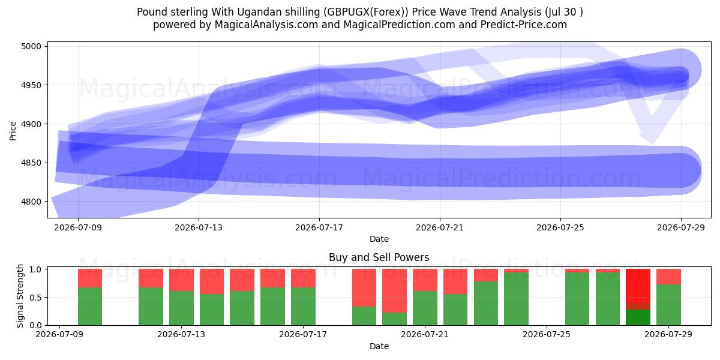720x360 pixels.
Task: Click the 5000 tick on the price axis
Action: tap(31, 46)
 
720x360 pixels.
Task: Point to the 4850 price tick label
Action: tap(31, 163)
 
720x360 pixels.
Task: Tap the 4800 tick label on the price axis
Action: tap(31, 202)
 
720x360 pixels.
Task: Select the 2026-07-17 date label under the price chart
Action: tap(319, 227)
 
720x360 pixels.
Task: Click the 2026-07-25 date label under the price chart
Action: tap(560, 227)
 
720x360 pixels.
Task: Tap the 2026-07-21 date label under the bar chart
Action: tap(425, 334)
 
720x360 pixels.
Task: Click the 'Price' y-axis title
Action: tap(13, 131)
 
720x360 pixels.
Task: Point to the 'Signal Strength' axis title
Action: tap(20, 296)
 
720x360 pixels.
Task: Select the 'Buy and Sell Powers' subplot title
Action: tap(379, 257)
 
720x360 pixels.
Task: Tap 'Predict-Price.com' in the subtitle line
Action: tap(524, 25)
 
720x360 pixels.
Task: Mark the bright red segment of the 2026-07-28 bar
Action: tap(638, 286)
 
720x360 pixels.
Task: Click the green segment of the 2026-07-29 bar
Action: tap(668, 305)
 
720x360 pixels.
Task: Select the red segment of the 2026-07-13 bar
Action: tap(182, 280)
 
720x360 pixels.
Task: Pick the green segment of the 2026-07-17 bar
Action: tap(304, 307)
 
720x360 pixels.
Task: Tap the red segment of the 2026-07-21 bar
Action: tap(425, 280)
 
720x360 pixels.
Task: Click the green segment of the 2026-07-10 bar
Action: tap(90, 307)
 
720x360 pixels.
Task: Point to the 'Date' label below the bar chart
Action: tap(379, 346)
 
